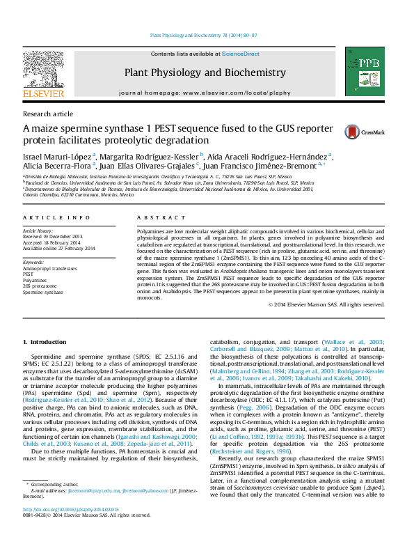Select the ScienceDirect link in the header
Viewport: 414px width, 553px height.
click(241, 54)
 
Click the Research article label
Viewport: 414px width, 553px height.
click(48, 114)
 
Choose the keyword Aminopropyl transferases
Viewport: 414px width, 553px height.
click(50, 267)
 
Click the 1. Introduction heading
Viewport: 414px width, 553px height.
click(45, 342)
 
